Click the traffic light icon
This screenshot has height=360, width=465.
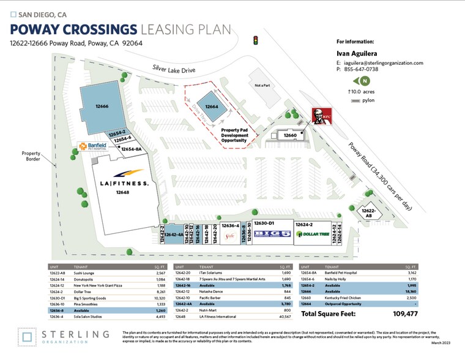(255, 41)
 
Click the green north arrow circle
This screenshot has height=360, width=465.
(365, 81)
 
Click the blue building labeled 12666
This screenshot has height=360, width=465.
(102, 107)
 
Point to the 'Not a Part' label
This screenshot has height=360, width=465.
(262, 85)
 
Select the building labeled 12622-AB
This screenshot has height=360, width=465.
(371, 212)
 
